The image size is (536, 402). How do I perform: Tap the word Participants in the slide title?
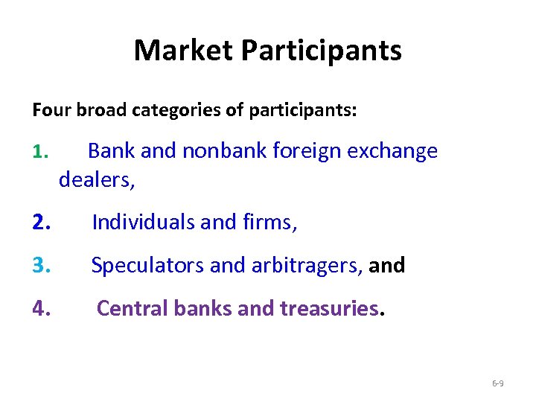(x=322, y=51)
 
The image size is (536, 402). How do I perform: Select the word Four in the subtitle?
(x=49, y=111)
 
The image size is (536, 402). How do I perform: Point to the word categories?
(x=176, y=111)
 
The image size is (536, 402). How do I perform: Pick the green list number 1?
(x=40, y=152)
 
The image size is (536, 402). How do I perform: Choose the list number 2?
(x=42, y=222)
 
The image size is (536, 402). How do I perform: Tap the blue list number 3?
(x=42, y=265)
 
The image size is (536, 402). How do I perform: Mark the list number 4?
(x=42, y=308)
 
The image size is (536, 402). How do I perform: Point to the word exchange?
(x=393, y=151)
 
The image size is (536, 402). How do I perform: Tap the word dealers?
(x=96, y=179)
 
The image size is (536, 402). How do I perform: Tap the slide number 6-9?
(x=498, y=383)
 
